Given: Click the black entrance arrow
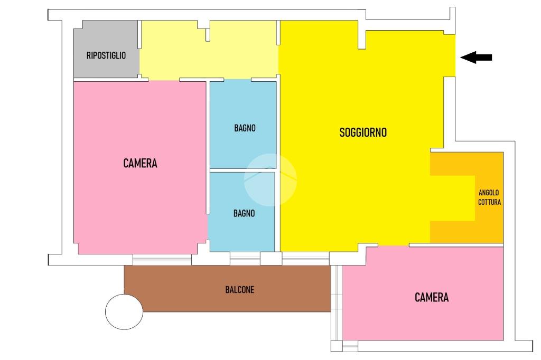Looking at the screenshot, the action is coord(476,57).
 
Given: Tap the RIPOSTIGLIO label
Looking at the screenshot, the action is coord(106,55).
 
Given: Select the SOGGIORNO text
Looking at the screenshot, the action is coord(363,132).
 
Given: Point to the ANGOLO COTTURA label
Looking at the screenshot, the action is coord(489,197).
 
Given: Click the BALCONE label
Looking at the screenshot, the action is coord(240,290).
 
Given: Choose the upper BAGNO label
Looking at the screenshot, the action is coord(245,128).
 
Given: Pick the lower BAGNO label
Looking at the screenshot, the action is coord(244,213).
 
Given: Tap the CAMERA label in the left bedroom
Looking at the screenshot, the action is coord(140,163).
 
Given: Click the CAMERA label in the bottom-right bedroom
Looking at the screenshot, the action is coord(432,297).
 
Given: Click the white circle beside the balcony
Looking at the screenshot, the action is coord(124,311).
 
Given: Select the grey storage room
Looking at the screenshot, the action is coord(106,49).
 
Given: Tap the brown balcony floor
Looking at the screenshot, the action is coord(228,289).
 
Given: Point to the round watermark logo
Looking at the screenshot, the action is coord(270,179).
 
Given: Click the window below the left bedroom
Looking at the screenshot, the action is coord(162,260).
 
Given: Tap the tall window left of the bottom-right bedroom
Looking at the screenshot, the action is coord(337,303).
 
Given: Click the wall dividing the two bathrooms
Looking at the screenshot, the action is coord(243,170).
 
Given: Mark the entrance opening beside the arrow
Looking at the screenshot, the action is coord(450,55).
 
